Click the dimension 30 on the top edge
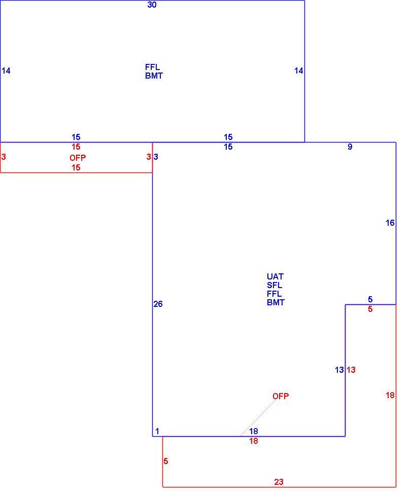click(x=152, y=5)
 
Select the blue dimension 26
click(x=158, y=304)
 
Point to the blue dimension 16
click(x=390, y=223)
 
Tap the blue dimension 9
click(x=350, y=147)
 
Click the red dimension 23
click(x=279, y=482)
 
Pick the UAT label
click(x=275, y=276)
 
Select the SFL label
click(x=274, y=285)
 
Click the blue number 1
click(x=157, y=431)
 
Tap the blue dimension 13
click(x=339, y=370)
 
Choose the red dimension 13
click(x=351, y=370)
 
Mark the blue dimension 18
click(x=254, y=431)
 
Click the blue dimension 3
click(x=156, y=157)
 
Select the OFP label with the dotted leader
click(x=281, y=396)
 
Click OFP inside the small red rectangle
click(x=78, y=158)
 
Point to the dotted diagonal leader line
click(x=258, y=418)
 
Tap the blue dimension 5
click(x=370, y=299)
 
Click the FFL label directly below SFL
click(x=274, y=294)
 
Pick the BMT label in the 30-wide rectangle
click(x=154, y=76)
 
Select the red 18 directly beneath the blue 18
click(x=254, y=441)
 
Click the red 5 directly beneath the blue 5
click(x=370, y=309)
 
